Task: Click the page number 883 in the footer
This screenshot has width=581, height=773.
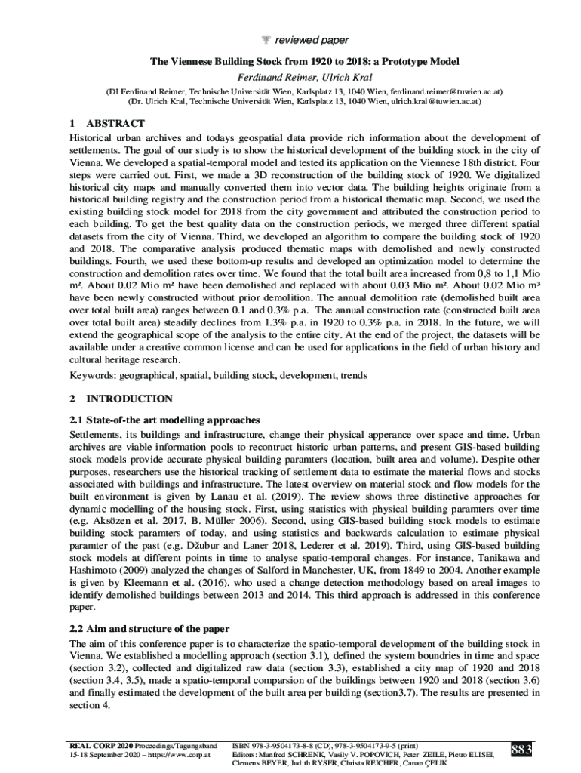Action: (x=521, y=749)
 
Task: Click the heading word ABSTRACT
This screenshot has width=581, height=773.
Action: (x=115, y=123)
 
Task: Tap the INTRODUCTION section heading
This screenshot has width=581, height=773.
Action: (x=129, y=399)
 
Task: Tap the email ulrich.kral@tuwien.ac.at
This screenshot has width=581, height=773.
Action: (x=433, y=100)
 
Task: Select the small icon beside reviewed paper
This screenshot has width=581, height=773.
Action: (x=275, y=40)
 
